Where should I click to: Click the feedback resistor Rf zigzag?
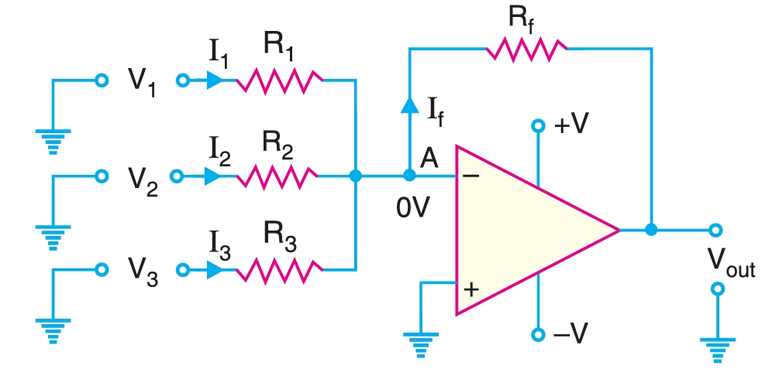(x=526, y=50)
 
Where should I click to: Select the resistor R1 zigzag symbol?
(x=279, y=80)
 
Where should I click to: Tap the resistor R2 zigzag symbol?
(x=277, y=177)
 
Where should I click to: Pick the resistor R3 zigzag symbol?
(x=279, y=270)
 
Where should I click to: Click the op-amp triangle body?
(x=527, y=230)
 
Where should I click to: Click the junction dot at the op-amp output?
(x=651, y=230)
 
